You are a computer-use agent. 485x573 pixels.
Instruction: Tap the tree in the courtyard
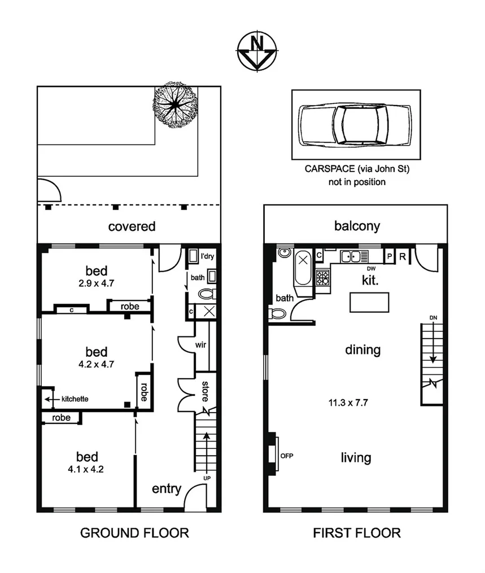pyautogui.click(x=176, y=104)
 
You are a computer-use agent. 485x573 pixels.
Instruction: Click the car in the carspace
pyautogui.click(x=355, y=124)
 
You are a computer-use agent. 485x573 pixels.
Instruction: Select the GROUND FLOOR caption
pyautogui.click(x=134, y=532)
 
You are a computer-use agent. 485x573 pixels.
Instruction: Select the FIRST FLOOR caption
pyautogui.click(x=357, y=532)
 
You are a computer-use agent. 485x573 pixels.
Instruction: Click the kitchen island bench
pyautogui.click(x=369, y=302)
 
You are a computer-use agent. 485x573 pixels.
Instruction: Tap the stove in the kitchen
pyautogui.click(x=322, y=277)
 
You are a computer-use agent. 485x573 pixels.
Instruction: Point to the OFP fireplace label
pyautogui.click(x=287, y=456)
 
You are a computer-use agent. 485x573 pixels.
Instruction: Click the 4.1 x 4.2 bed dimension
pyautogui.click(x=87, y=469)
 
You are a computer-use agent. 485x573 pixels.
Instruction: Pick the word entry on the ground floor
pyautogui.click(x=166, y=489)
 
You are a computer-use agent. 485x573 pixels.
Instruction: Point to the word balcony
pyautogui.click(x=357, y=226)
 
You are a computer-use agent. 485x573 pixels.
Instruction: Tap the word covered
pyautogui.click(x=132, y=227)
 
